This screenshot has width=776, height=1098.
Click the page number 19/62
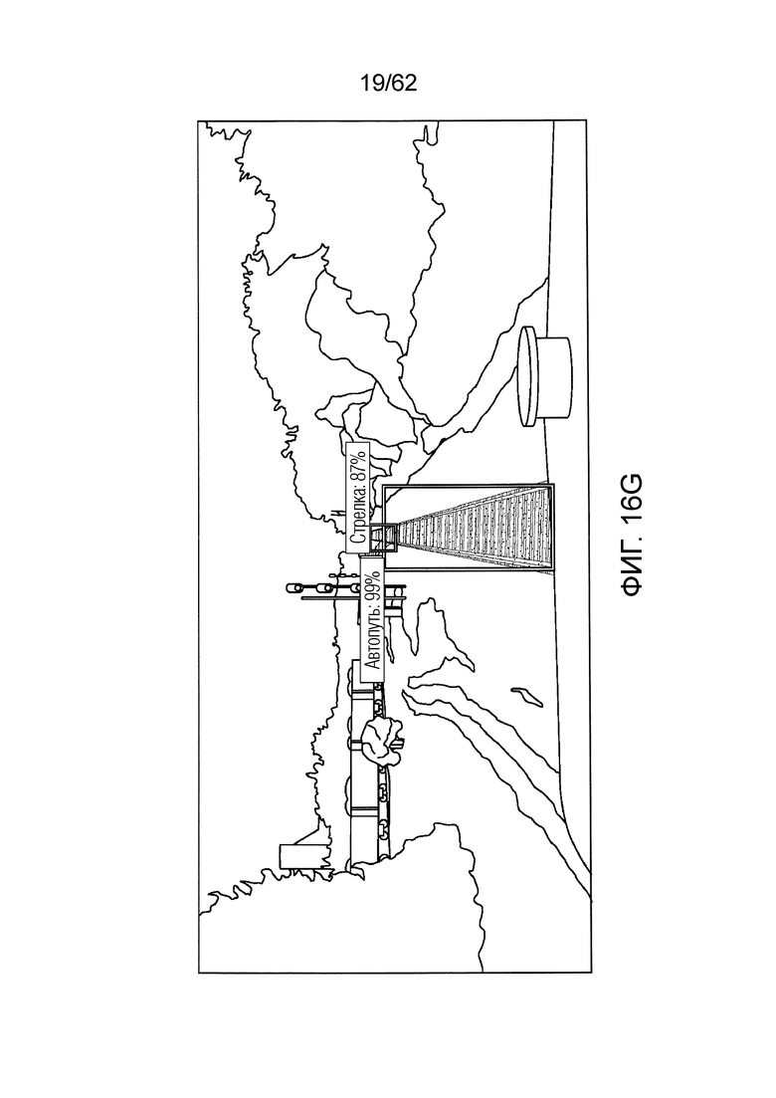pyautogui.click(x=388, y=84)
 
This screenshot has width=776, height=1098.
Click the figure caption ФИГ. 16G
pyautogui.click(x=631, y=536)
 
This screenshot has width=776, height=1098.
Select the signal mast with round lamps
pyautogui.click(x=315, y=587)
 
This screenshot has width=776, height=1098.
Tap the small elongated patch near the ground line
pyautogui.click(x=525, y=696)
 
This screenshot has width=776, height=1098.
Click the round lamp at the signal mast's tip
pyautogui.click(x=292, y=586)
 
